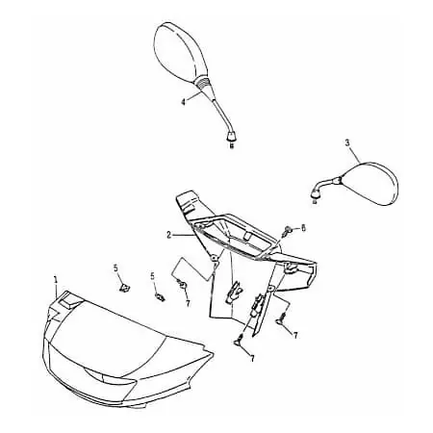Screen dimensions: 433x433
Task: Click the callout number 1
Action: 56,279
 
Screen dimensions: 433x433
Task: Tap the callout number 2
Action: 169,235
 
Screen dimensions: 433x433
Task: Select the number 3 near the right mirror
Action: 347,143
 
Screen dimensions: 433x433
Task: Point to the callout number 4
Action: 183,102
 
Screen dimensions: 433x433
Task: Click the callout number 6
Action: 303,228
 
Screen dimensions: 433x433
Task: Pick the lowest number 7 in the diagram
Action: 252,359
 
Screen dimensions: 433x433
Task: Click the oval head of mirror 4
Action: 175,53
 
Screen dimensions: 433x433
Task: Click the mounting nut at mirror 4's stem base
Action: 232,136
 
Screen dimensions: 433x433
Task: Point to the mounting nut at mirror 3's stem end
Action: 316,193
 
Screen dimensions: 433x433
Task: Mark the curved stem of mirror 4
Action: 221,112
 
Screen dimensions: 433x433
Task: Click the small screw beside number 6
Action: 288,231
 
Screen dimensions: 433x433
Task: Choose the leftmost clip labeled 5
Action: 123,287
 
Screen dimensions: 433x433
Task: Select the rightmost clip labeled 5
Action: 160,297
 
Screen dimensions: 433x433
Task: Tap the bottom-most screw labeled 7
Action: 239,340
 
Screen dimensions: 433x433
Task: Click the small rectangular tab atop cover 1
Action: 69,300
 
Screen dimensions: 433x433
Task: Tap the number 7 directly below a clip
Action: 187,303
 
